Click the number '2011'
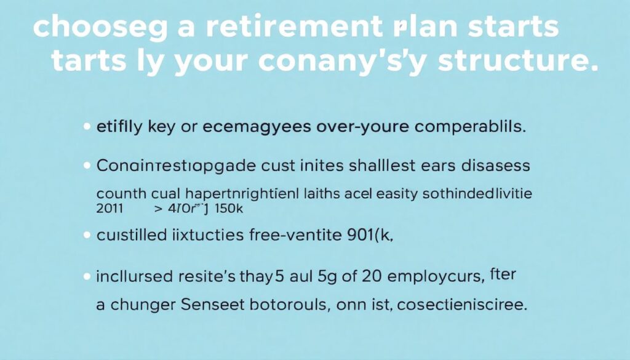pyautogui.click(x=110, y=209)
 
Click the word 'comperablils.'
pyautogui.click(x=471, y=128)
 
